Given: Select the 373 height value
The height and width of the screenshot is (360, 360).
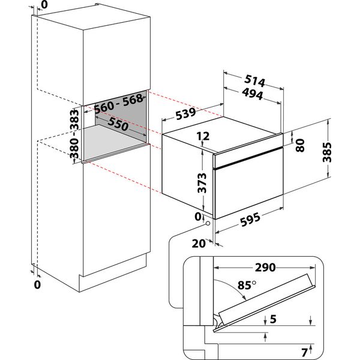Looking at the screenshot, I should pos(203,182).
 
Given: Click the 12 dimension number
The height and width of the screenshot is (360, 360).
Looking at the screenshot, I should pos(202,137).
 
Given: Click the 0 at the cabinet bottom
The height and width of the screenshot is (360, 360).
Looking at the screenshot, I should pos(37,286).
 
